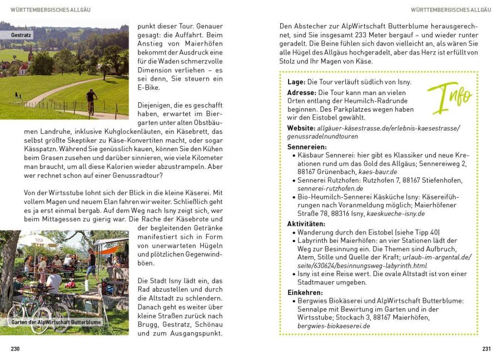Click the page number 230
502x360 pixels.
point(15,348)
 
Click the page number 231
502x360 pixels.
point(486,348)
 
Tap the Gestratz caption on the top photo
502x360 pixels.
point(21,35)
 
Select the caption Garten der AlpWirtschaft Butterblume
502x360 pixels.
point(56,322)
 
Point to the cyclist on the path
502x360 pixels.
point(91,102)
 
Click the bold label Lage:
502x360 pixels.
point(296,82)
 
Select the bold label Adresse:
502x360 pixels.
point(301,92)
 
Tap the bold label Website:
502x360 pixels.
point(301,128)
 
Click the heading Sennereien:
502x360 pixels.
point(306,147)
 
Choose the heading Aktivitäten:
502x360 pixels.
point(306,224)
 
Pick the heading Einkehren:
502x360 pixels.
point(305,292)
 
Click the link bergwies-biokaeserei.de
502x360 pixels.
point(334,326)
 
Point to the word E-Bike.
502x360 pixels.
point(147,87)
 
